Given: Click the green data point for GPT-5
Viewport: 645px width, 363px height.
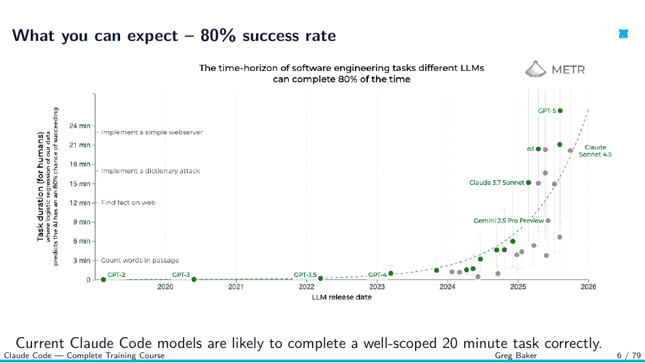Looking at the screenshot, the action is [560, 111].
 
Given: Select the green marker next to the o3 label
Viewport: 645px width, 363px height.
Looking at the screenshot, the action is [538, 149].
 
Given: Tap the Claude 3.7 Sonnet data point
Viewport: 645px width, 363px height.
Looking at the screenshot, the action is [528, 183].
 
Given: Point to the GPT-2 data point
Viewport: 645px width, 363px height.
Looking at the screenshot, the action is [103, 280].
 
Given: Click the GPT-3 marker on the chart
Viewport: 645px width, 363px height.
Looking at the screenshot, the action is [194, 280].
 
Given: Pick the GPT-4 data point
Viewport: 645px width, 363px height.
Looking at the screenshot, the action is [391, 274].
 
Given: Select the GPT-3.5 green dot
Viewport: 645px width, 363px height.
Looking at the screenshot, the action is [320, 278].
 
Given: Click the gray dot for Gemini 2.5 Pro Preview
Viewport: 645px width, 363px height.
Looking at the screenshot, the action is [548, 221].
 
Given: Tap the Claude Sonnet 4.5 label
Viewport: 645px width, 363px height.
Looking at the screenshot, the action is [595, 151].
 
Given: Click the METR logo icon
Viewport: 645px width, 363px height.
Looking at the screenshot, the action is [536, 69].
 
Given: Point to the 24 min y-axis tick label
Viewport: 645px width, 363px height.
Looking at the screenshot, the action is [80, 126].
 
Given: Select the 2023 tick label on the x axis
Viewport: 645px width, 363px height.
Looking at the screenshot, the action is [377, 287].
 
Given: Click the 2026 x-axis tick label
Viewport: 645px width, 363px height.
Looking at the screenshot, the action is [588, 287].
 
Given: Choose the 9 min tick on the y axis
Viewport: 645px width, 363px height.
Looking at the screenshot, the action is [82, 222].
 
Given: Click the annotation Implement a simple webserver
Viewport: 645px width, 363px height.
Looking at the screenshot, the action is [152, 132].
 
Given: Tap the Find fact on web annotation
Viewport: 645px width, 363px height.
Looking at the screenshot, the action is [128, 203].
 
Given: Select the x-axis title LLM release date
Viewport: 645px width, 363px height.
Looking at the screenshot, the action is [341, 297].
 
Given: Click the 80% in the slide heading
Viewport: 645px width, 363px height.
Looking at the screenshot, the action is [218, 35].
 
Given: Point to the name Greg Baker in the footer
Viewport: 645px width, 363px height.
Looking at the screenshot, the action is [516, 355].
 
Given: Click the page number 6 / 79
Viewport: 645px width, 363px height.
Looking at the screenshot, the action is [629, 355].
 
